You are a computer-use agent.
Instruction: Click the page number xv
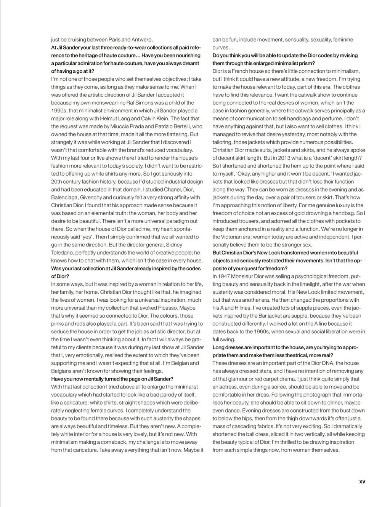362,481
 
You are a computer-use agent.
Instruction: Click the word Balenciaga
65,197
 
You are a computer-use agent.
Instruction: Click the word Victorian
230,237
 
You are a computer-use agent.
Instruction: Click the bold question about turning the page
112,379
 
